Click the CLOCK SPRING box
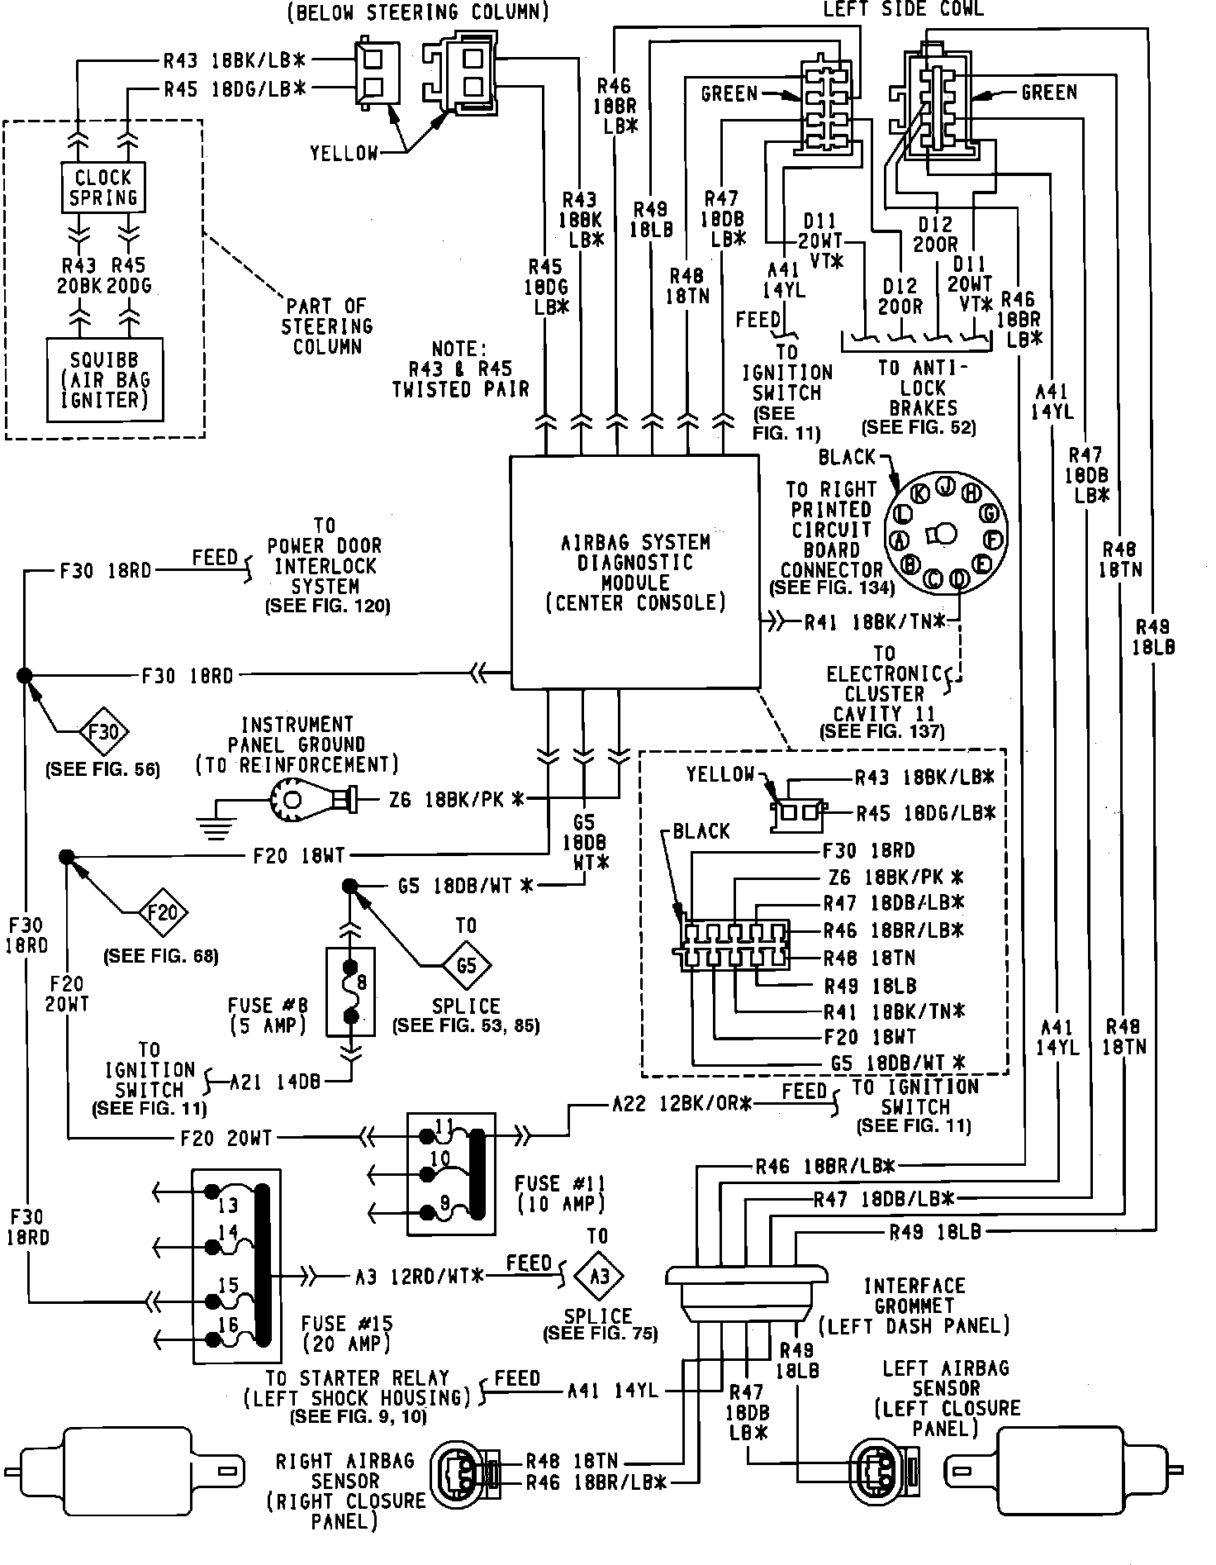[x=103, y=188]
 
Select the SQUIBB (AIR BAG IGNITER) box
[x=104, y=380]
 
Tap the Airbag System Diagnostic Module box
[x=634, y=572]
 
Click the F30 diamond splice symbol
[x=104, y=731]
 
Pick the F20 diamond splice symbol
[x=162, y=913]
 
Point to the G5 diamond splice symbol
[x=466, y=964]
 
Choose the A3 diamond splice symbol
[x=600, y=1276]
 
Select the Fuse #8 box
[x=351, y=991]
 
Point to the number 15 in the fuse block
[x=228, y=1285]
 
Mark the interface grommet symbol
[x=747, y=1290]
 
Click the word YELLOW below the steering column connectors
[x=344, y=153]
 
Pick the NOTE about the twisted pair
[x=460, y=369]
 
